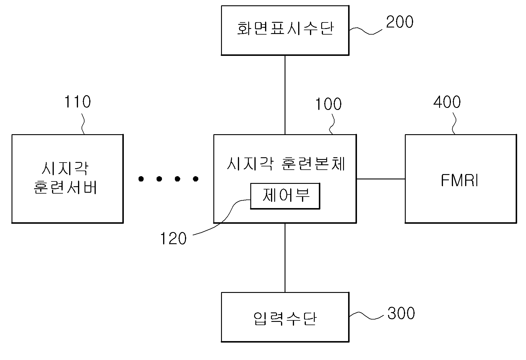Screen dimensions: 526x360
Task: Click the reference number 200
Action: pos(400,22)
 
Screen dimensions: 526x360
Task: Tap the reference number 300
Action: pos(401,313)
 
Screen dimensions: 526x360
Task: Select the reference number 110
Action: pos(77,102)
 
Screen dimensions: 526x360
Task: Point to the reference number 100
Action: pos(328,104)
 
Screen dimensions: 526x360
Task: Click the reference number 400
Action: pos(447,102)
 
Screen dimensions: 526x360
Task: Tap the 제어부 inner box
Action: pos(285,196)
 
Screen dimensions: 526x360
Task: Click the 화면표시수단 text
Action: pos(285,29)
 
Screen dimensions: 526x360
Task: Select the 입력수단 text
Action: pos(285,319)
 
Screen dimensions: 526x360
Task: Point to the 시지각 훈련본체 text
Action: pos(286,163)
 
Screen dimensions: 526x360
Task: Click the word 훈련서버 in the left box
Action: pos(65,187)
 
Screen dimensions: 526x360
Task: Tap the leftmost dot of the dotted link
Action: pos(141,179)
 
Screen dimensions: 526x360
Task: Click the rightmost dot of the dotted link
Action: pos(195,179)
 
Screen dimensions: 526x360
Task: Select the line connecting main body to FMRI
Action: pos(381,179)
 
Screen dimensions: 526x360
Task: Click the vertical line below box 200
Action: pos(285,95)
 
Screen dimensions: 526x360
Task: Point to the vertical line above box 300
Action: pos(285,258)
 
